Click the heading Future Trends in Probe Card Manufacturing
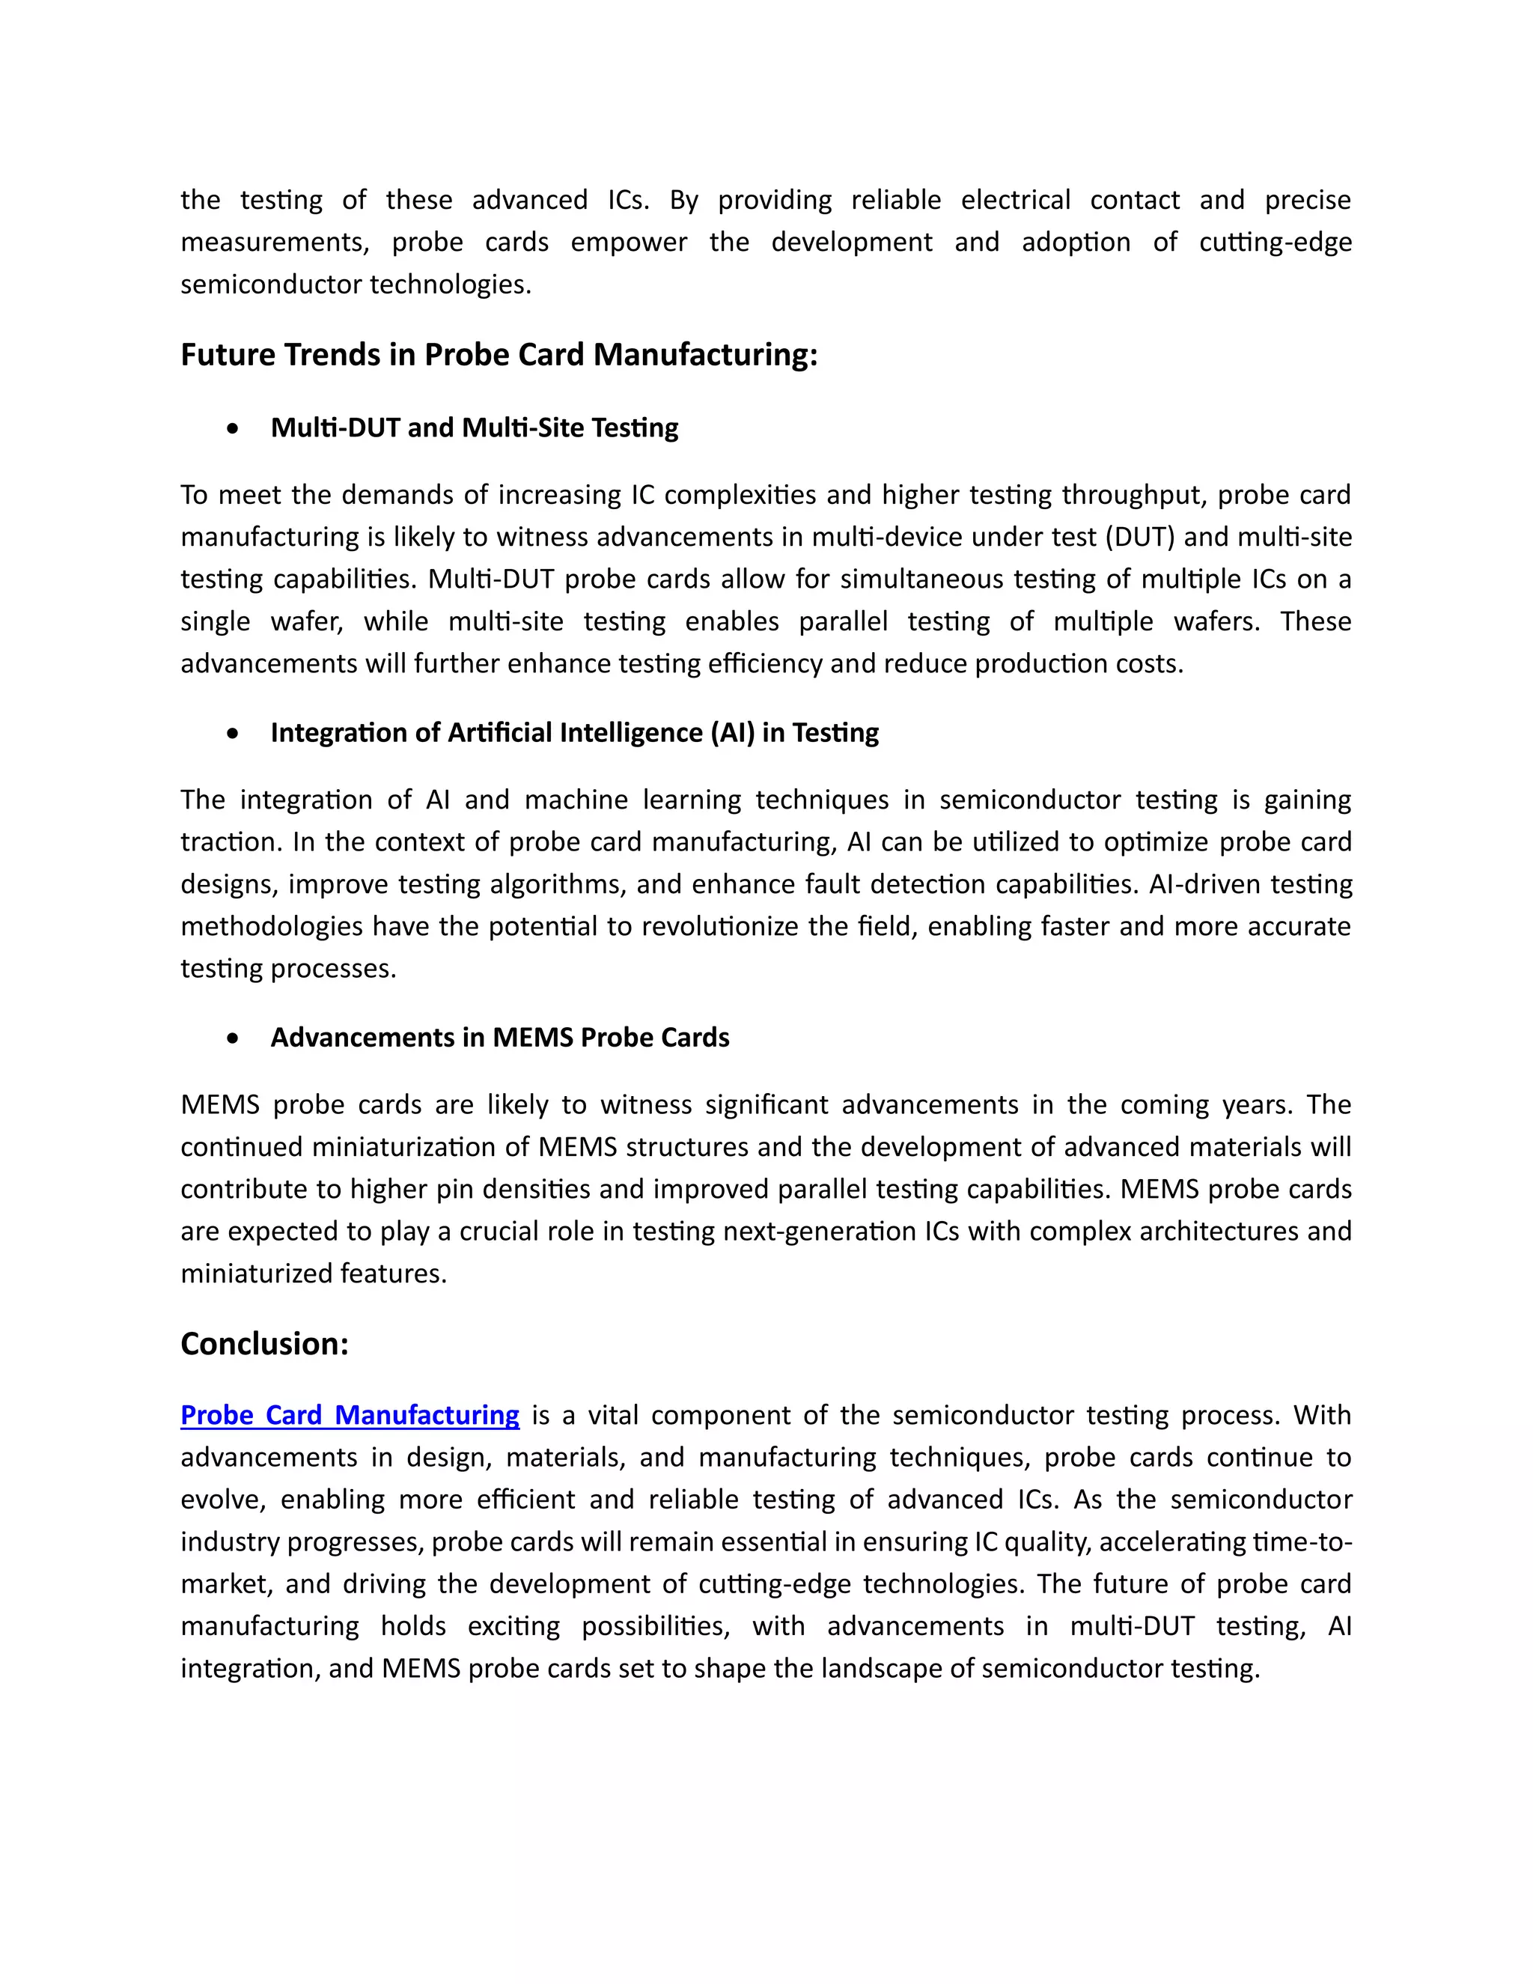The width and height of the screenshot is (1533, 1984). point(499,355)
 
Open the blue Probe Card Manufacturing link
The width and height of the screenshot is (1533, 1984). point(350,1415)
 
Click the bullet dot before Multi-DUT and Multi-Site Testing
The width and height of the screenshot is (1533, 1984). point(234,429)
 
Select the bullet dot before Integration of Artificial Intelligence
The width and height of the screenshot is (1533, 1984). point(234,734)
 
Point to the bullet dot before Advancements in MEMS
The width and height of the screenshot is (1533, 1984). point(234,1038)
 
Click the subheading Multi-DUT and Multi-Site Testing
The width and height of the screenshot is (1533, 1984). point(474,427)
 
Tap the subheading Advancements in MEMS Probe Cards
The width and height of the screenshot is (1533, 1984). point(499,1038)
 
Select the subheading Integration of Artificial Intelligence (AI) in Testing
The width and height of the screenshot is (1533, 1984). point(574,733)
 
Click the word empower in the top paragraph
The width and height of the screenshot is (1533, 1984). point(629,243)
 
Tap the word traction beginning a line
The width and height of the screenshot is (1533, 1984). point(231,842)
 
